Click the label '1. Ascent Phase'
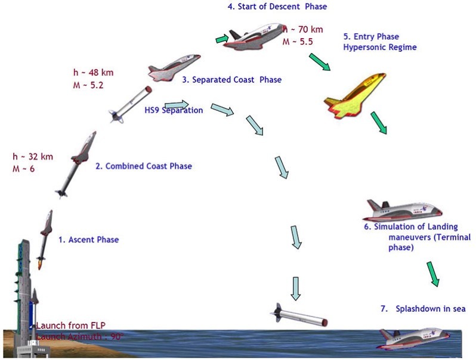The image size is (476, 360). click(x=88, y=240)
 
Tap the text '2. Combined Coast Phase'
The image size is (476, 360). click(x=144, y=166)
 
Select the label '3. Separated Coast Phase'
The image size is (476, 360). click(x=231, y=80)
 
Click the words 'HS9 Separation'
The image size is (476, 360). click(x=174, y=110)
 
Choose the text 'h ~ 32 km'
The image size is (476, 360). click(x=33, y=157)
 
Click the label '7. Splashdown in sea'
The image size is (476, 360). click(x=422, y=308)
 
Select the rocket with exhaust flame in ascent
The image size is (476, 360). click(x=44, y=238)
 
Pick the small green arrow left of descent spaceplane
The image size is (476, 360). click(x=221, y=39)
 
